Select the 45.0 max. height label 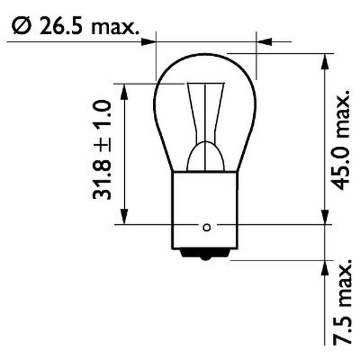[342, 140]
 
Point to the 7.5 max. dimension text [342, 300]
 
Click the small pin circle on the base [206, 228]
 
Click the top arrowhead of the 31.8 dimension [124, 92]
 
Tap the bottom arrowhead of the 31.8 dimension [124, 217]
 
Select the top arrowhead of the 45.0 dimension [324, 61]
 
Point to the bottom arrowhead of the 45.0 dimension [324, 217]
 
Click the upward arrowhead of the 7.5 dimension [324, 268]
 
